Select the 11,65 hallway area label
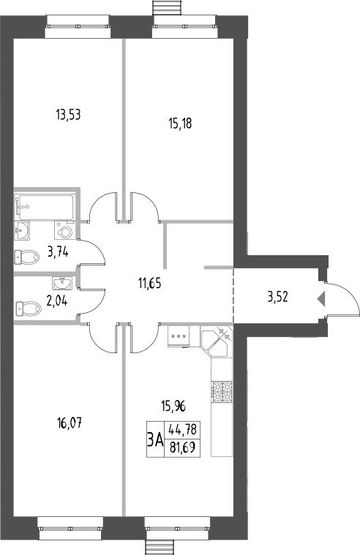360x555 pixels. pos(153,279)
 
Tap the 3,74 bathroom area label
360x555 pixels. pos(59,252)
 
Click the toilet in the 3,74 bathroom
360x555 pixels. pos(28,257)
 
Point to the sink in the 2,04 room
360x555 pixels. pos(60,282)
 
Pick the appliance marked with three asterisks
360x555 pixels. pos(178,337)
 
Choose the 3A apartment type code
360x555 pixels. pos(155,439)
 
